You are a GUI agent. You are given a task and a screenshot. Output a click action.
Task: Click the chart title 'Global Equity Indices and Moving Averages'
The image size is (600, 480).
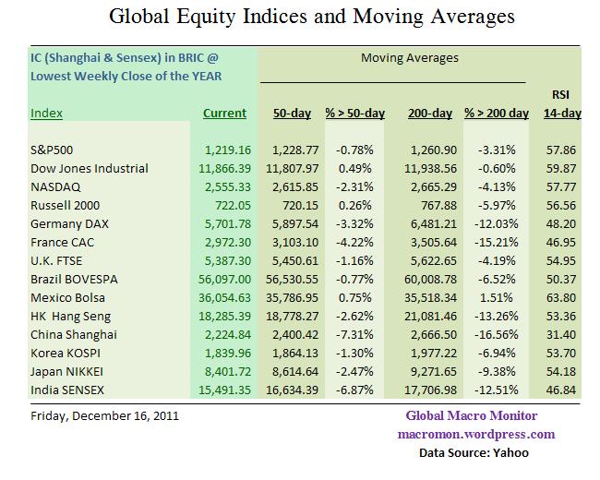tap(312, 17)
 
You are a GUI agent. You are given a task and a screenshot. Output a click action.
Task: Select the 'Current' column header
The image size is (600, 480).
tap(224, 114)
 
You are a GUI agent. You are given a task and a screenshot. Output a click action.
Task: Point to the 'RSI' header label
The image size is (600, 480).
tap(560, 94)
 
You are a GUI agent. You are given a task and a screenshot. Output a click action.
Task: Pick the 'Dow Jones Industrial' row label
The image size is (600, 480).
tap(90, 168)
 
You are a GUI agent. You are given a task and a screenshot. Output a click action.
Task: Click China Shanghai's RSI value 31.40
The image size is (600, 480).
tap(561, 333)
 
